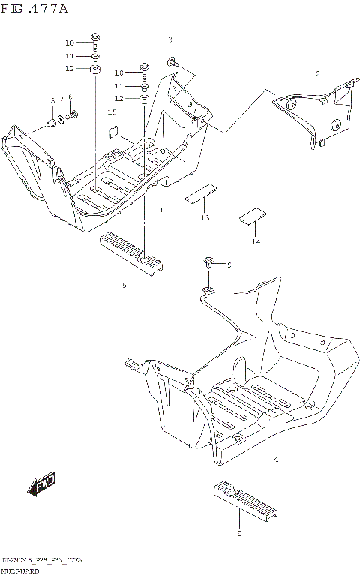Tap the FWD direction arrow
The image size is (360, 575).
click(43, 485)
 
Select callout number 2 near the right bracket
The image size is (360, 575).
click(317, 73)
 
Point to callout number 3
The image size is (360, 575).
click(170, 39)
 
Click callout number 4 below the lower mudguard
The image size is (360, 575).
click(276, 459)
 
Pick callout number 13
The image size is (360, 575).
click(204, 217)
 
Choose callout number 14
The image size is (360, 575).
click(256, 242)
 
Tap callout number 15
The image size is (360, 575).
click(112, 112)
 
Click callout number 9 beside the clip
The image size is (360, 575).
click(229, 265)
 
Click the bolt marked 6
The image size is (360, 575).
click(73, 116)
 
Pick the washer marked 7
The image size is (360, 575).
click(61, 118)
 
